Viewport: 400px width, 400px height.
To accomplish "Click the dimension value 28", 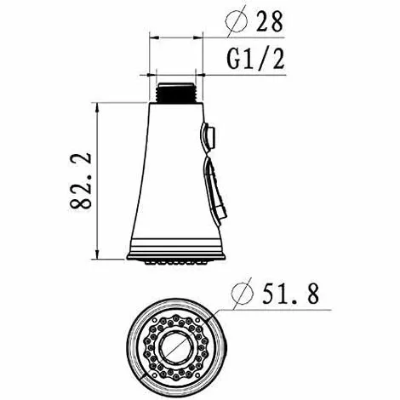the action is (x=270, y=20).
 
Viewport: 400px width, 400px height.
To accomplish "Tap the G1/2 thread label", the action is (x=255, y=59).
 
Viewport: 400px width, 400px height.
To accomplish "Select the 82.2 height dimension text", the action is (x=81, y=181).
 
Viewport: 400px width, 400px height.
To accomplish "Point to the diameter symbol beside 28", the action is (x=237, y=20).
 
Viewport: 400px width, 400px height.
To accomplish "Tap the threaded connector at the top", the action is (x=175, y=93).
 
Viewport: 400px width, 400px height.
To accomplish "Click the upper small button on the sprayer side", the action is (x=209, y=136).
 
